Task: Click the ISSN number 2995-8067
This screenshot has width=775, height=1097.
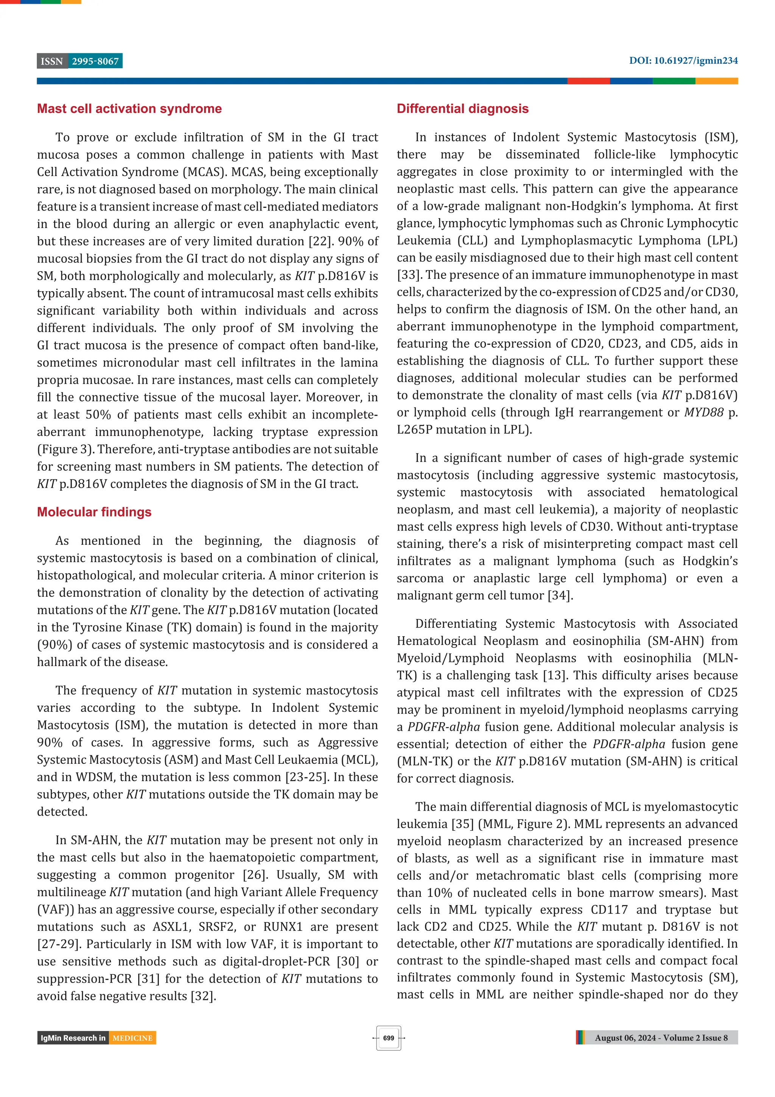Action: [x=95, y=61]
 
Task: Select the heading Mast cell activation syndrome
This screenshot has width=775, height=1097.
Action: [x=129, y=109]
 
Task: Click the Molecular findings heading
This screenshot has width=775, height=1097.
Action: [x=94, y=512]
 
